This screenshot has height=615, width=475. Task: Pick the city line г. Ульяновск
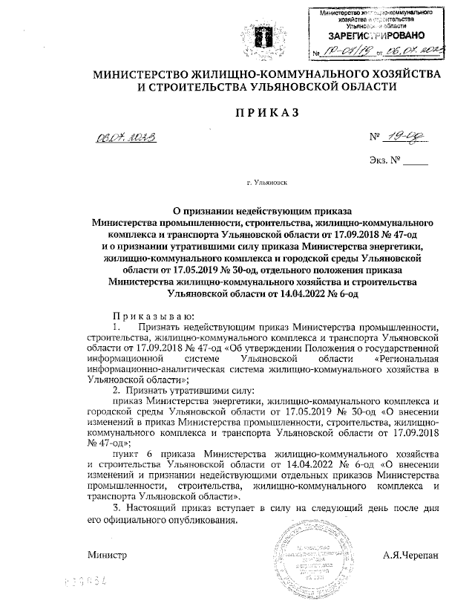coord(266,181)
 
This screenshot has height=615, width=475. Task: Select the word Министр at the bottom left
coord(108,555)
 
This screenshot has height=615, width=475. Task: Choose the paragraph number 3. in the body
coord(115,506)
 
